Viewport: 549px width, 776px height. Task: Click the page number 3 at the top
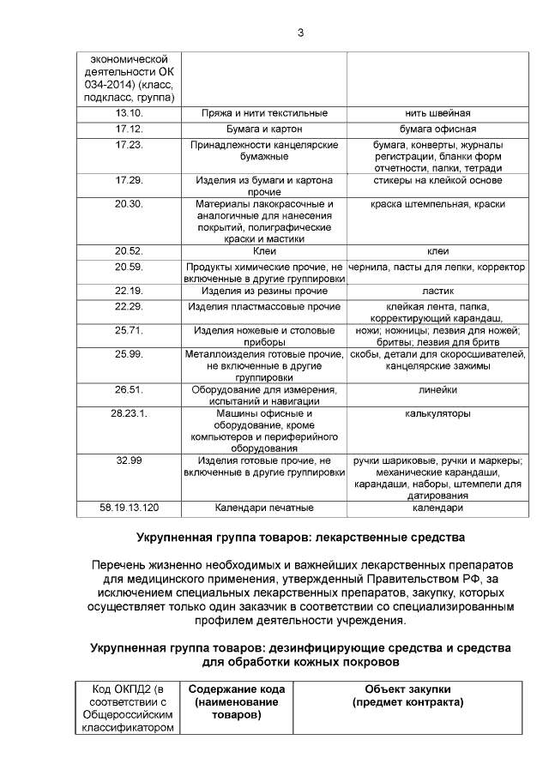(300, 33)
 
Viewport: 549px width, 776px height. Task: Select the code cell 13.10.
(128, 113)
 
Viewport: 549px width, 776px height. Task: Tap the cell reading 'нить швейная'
(437, 113)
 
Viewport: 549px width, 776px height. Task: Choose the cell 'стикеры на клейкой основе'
(437, 181)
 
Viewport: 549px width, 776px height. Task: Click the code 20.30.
(128, 204)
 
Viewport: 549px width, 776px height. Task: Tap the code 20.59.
(128, 267)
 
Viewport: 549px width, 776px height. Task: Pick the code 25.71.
(128, 330)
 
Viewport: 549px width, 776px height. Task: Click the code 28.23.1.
(128, 412)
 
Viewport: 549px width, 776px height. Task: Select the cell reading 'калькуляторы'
(437, 412)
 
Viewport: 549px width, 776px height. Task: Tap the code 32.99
(128, 460)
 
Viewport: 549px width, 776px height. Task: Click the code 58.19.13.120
(128, 508)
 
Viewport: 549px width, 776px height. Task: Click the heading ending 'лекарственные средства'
(300, 538)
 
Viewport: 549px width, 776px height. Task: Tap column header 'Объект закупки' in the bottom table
(407, 689)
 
